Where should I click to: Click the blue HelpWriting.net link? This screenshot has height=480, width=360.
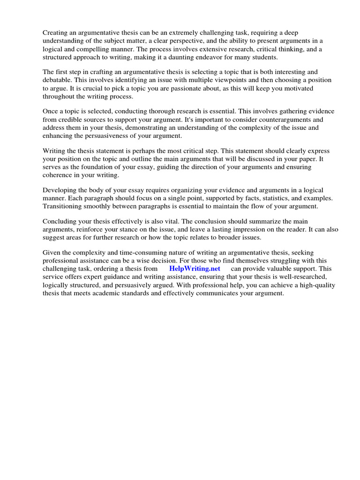pyautogui.click(x=195, y=269)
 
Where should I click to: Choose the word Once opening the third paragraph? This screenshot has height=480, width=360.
pyautogui.click(x=50, y=111)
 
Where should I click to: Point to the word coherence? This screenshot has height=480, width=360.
pyautogui.click(x=59, y=175)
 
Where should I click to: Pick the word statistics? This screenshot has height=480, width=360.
pyautogui.click(x=258, y=198)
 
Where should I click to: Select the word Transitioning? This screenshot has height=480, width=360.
pyautogui.click(x=64, y=206)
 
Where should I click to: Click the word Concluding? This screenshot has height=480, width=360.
pyautogui.click(x=61, y=221)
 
